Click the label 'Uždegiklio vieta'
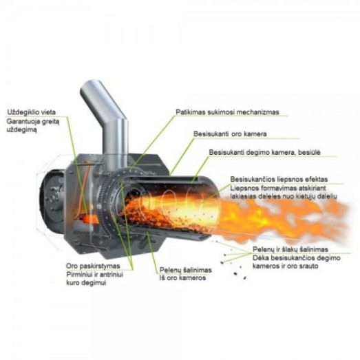tap(32, 112)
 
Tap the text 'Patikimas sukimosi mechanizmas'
tap(227, 112)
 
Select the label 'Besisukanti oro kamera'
tap(230, 134)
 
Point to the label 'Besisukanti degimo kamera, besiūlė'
tap(264, 152)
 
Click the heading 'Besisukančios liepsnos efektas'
tap(279, 179)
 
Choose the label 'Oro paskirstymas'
tap(93, 266)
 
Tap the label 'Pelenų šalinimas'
tap(186, 270)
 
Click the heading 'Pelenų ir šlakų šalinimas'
tap(290, 249)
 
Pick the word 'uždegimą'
tap(21, 129)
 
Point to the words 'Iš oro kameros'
tap(182, 278)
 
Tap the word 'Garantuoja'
tap(21, 121)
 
